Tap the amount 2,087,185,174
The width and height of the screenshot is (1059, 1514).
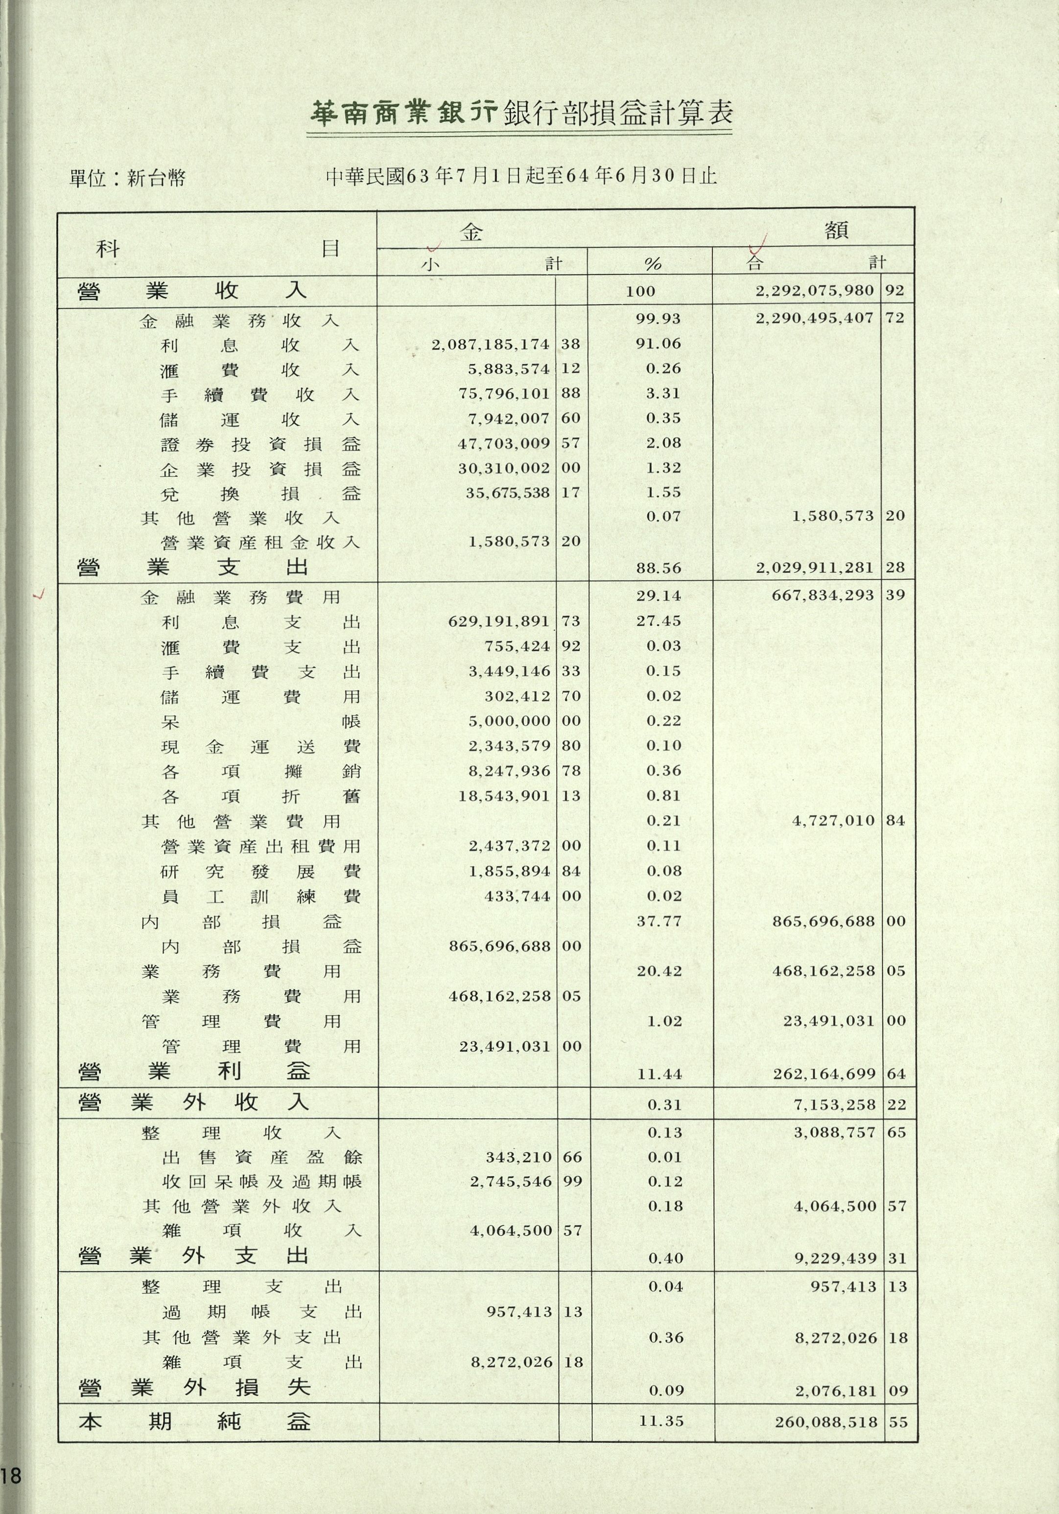(491, 344)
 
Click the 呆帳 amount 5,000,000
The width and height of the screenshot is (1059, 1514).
(509, 721)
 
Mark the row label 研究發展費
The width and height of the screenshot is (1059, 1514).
(260, 871)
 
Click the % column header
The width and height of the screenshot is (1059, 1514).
(652, 264)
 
